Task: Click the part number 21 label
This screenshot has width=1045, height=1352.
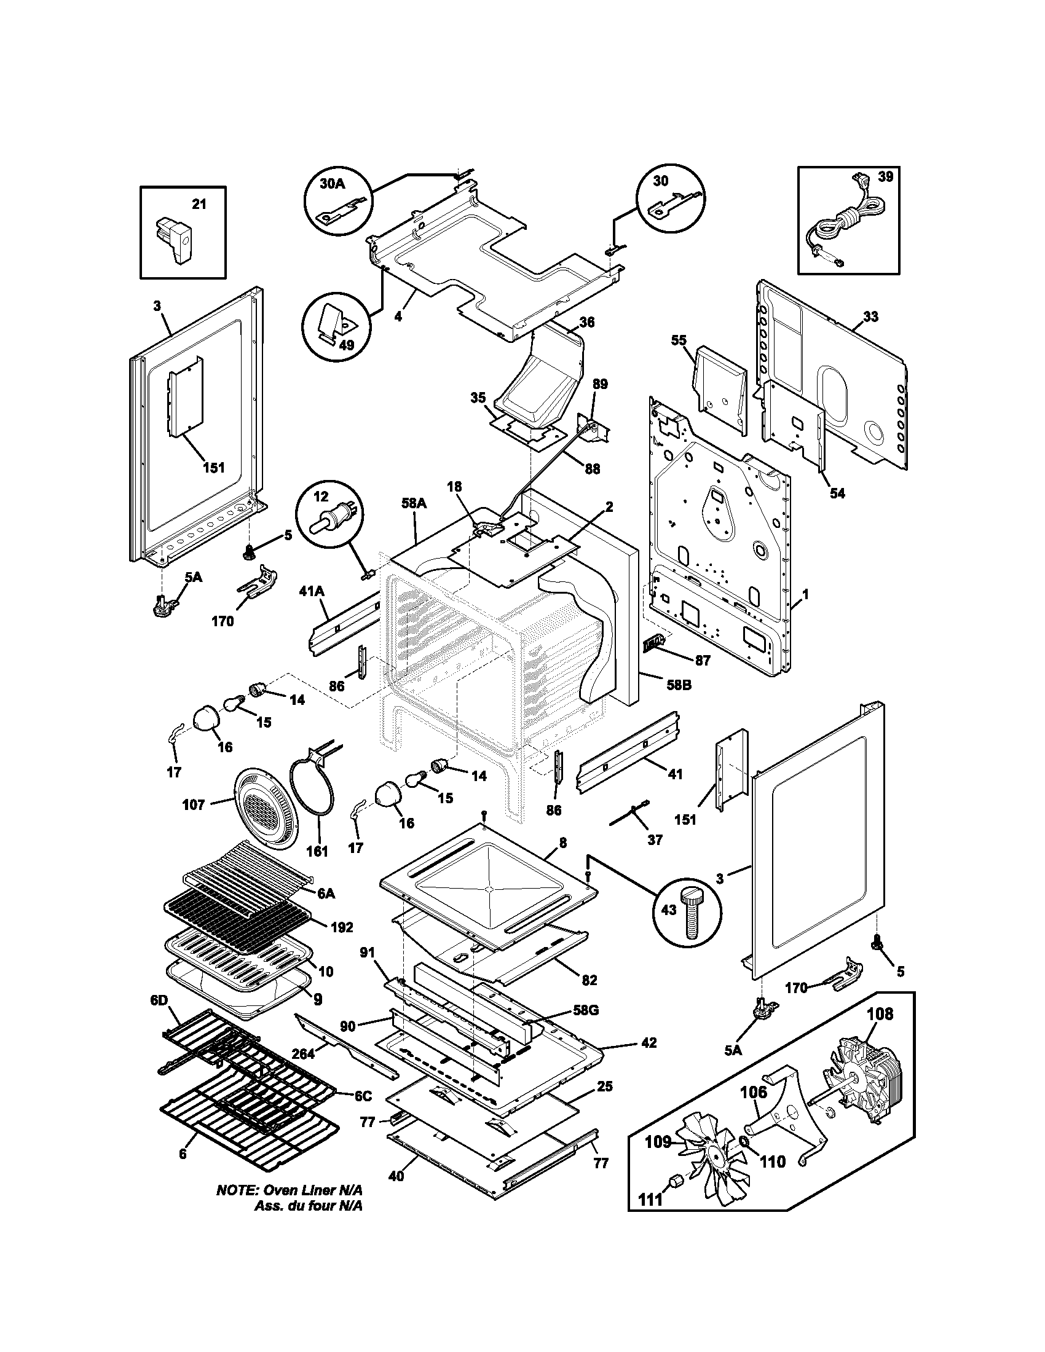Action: [199, 205]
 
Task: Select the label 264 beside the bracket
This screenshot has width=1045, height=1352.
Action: [302, 1053]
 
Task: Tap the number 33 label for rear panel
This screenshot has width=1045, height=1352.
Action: [870, 317]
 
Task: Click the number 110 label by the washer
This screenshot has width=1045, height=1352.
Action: [773, 1161]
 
